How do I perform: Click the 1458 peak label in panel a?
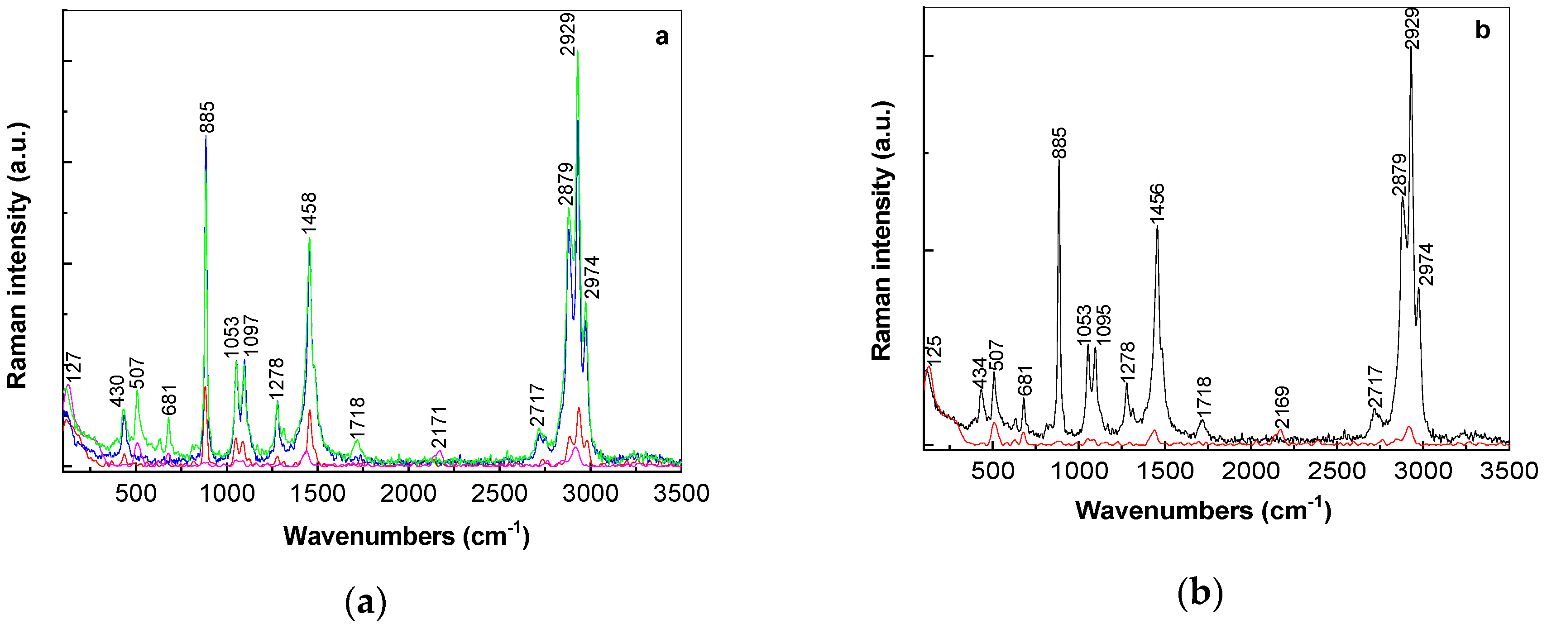point(309,213)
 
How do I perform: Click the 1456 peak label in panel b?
point(1157,204)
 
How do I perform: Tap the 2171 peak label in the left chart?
point(439,427)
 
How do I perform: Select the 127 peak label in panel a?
point(73,367)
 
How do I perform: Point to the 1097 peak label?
point(250,335)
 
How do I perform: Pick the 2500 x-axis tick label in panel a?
point(499,493)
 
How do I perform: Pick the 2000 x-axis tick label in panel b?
point(1251,471)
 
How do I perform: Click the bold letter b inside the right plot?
point(1482,30)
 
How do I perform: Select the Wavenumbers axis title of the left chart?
point(406,536)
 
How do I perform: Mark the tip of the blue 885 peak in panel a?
point(206,136)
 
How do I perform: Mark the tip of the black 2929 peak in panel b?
point(1411,48)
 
